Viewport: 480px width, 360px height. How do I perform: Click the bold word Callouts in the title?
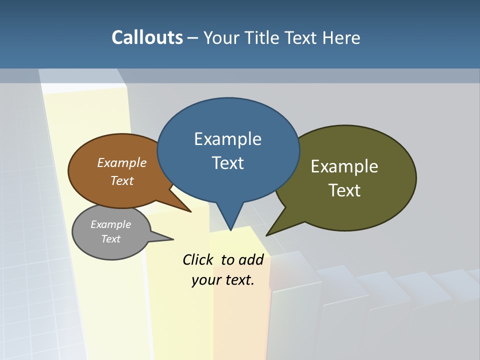[147, 37]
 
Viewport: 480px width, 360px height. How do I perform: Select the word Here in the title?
[341, 37]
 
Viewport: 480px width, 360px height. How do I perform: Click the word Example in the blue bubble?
[227, 139]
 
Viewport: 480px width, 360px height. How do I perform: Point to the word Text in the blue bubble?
[227, 162]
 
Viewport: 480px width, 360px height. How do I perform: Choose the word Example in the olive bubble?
[344, 166]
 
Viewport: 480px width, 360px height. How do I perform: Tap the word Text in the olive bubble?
[344, 190]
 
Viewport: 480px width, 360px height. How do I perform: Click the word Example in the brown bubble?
[122, 162]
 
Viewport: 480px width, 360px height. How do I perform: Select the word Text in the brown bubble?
[122, 180]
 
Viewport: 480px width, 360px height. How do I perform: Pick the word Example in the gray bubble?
[110, 224]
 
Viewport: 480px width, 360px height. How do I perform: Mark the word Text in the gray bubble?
[110, 239]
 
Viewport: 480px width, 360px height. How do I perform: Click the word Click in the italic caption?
[198, 259]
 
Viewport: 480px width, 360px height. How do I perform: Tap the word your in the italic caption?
[205, 280]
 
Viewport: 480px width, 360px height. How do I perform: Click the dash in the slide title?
[192, 37]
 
